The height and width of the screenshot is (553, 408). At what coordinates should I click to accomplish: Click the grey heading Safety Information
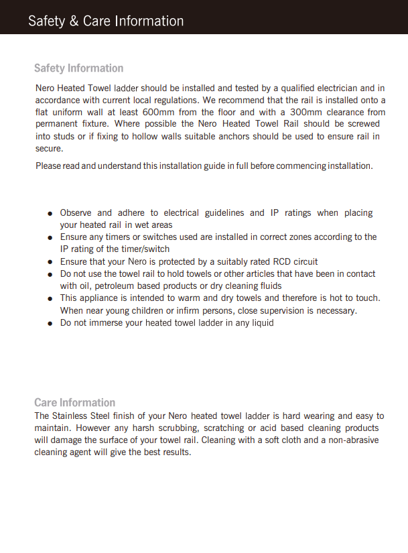pos(78,68)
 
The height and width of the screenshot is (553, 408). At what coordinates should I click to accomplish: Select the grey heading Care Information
pos(74,402)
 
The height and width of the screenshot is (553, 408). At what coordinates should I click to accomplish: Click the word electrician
pos(333,88)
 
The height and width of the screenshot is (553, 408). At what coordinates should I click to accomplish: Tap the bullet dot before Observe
pos(50,213)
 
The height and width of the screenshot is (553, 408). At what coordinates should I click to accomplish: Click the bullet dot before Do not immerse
pos(50,323)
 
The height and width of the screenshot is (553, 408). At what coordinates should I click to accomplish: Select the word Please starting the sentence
pos(48,166)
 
